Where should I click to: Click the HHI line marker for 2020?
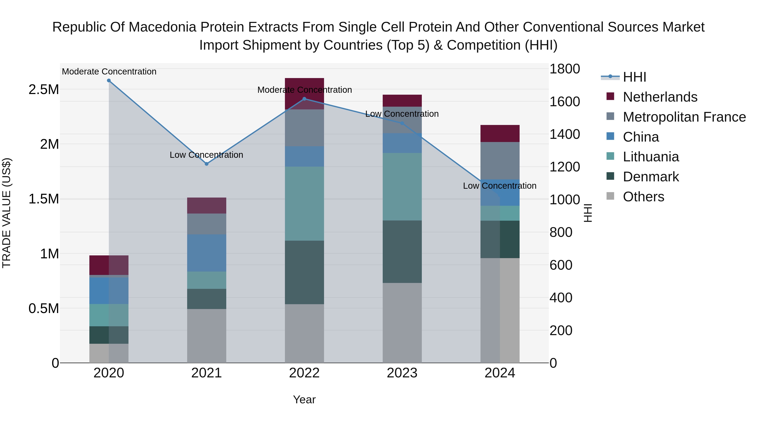coord(109,81)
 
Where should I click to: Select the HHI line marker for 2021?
coord(206,164)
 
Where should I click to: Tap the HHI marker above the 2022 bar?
coord(304,99)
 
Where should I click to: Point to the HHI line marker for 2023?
coord(402,123)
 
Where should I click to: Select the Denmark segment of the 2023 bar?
coord(402,252)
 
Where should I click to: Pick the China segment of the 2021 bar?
coord(206,253)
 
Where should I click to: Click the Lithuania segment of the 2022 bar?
coord(304,203)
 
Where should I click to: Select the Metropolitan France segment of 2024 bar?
coord(500,161)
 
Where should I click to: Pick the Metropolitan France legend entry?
coord(684,117)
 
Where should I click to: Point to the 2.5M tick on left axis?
coord(44,89)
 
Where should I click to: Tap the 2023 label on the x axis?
coord(402,373)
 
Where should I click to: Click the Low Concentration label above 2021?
coord(206,155)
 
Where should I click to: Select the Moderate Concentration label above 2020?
coord(109,72)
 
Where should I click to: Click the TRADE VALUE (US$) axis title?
coord(7,213)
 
